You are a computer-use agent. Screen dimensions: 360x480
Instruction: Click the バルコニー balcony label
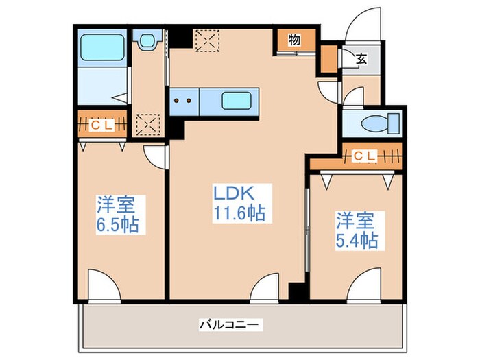coord(231,324)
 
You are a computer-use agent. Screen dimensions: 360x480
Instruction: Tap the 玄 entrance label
coord(361,59)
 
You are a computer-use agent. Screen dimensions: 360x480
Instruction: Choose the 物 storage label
coord(294,40)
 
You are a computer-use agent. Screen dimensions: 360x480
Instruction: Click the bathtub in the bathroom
coord(101,47)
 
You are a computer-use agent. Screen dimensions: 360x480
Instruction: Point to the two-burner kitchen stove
coord(184,101)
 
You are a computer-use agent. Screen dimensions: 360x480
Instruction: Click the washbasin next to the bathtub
coord(145,43)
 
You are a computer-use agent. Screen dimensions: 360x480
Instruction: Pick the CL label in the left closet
coord(103,125)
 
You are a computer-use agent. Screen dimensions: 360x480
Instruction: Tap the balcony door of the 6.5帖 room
coord(104,285)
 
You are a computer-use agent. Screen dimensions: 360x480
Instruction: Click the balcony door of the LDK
coord(265,287)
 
